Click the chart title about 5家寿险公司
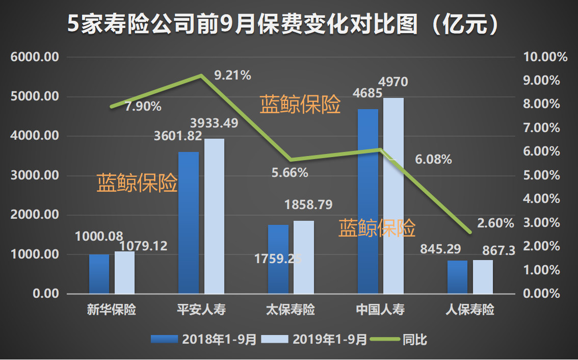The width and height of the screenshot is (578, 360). [x=283, y=23]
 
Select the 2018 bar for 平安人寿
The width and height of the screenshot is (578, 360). [x=188, y=223]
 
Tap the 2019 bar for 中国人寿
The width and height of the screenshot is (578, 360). [x=393, y=196]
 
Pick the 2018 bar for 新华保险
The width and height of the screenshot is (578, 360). [x=99, y=274]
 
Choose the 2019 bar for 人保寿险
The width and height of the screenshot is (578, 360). [x=483, y=277]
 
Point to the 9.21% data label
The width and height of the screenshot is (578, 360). [x=232, y=76]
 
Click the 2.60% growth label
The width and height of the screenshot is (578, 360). [x=495, y=223]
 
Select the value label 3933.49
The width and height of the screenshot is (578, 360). [x=214, y=123]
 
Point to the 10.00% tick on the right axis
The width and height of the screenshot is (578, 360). [x=545, y=57]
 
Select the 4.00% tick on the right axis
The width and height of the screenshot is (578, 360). [x=545, y=199]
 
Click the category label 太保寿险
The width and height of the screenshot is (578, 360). [x=291, y=310]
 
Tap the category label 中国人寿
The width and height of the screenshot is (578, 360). [x=380, y=310]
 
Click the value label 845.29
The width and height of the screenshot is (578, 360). [x=440, y=249]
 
